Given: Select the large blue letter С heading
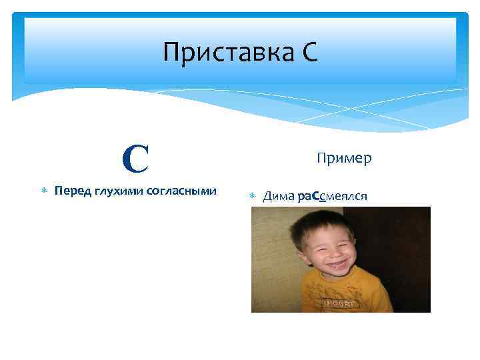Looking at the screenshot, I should click(x=135, y=158).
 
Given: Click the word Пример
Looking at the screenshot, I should click(x=344, y=158).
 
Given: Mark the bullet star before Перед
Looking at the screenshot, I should click(x=43, y=192).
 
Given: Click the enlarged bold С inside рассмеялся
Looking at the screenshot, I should click(x=315, y=196).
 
